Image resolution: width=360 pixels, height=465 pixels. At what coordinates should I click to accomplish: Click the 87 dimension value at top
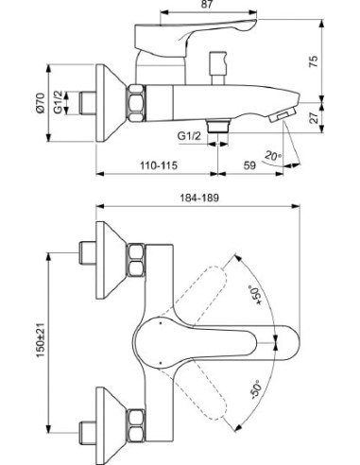207,5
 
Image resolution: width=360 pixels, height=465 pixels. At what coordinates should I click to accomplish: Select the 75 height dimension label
313,61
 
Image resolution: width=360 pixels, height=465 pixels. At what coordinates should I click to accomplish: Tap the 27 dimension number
313,117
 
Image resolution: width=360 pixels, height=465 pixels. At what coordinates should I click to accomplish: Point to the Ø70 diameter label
40,103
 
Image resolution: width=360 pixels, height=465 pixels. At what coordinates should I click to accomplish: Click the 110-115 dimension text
159,164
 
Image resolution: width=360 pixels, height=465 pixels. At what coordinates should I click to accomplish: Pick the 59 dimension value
249,164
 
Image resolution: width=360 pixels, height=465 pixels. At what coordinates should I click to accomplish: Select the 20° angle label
273,156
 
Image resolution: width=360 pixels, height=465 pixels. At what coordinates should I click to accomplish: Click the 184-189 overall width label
199,198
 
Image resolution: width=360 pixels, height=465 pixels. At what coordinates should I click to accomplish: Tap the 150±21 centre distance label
40,339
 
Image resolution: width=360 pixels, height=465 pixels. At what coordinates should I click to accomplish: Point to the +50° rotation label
255,295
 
